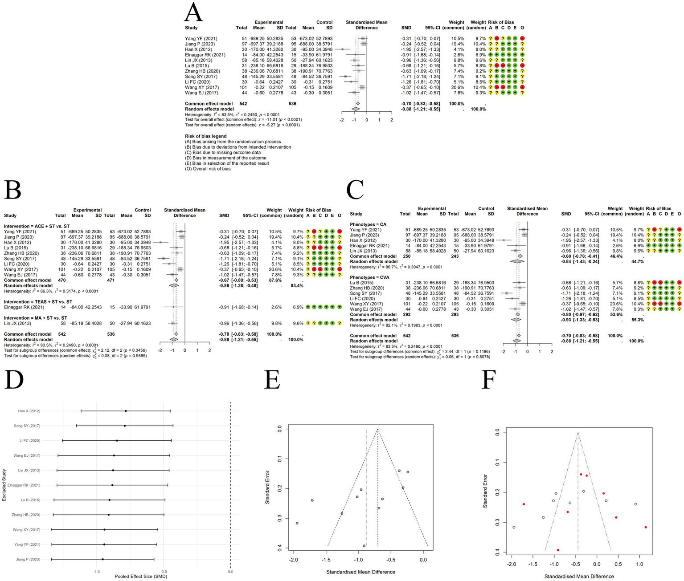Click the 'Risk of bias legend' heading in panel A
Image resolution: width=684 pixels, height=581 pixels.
tap(205, 136)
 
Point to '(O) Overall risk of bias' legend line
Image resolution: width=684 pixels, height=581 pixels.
tap(208, 169)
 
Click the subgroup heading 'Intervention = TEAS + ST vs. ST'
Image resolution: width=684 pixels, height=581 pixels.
tap(38, 302)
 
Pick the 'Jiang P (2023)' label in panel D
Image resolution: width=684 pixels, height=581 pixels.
tap(28, 559)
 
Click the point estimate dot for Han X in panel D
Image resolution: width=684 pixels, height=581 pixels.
tap(126, 411)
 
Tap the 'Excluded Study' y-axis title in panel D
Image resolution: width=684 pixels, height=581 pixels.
tap(4, 485)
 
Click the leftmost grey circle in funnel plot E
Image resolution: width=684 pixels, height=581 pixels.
tap(297, 523)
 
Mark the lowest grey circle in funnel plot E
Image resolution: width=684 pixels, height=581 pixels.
tap(364, 545)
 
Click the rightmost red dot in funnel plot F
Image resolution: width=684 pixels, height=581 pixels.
tap(645, 527)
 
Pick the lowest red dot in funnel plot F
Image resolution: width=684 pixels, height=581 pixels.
tap(558, 550)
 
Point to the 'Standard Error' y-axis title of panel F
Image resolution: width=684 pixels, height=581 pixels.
tap(485, 491)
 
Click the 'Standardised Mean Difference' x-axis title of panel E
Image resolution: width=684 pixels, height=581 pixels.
tap(360, 572)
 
